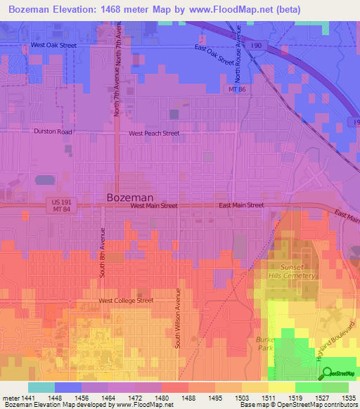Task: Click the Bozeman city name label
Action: click(x=130, y=198)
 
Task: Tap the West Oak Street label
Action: click(x=53, y=45)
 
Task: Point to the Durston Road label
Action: click(x=53, y=131)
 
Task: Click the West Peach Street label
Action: click(x=153, y=133)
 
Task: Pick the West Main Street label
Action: click(x=153, y=206)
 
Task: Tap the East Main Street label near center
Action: click(x=240, y=205)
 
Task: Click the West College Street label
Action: click(x=125, y=301)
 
